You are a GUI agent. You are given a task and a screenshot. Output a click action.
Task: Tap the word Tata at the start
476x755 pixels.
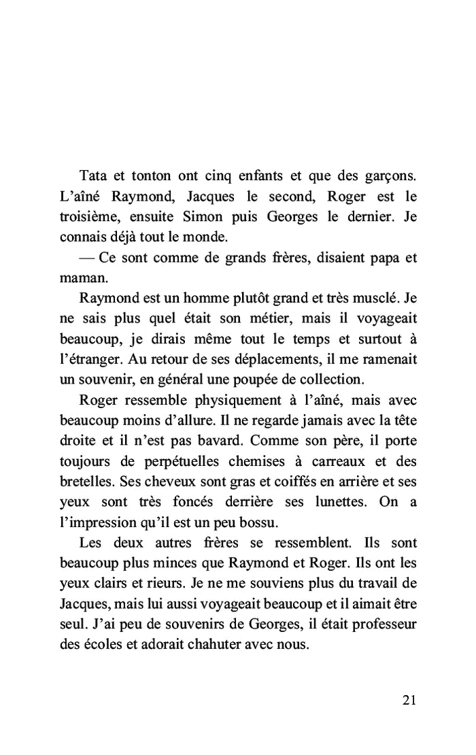(x=95, y=177)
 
